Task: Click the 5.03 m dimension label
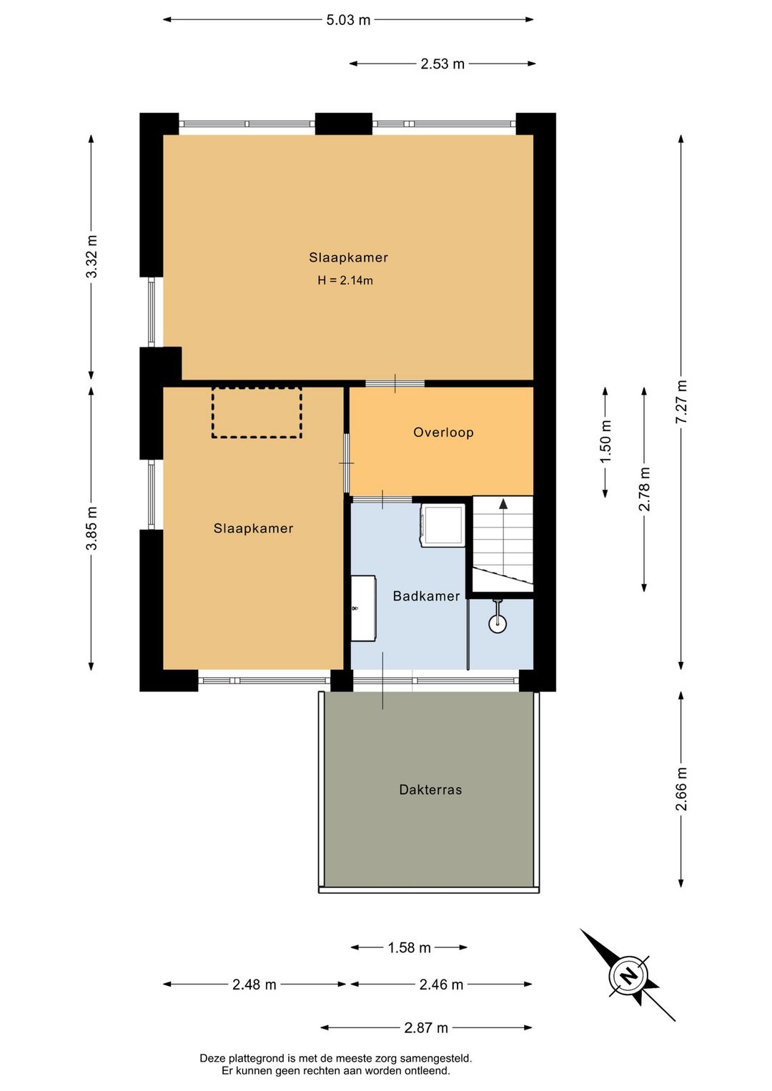point(348,20)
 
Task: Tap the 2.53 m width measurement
point(442,64)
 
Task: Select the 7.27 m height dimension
point(681,401)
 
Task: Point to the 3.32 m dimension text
point(91,256)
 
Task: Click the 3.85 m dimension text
point(91,528)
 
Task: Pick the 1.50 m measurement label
point(605,442)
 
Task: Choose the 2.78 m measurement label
point(644,489)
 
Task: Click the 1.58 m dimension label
point(409,948)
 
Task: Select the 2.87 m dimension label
point(426,1027)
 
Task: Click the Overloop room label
point(443,433)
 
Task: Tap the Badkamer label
point(426,596)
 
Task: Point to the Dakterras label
point(430,789)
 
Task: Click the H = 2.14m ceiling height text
point(345,280)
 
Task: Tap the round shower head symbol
point(498,623)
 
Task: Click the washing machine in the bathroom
point(442,525)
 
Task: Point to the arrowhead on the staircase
point(503,503)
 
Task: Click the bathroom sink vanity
point(363,608)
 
